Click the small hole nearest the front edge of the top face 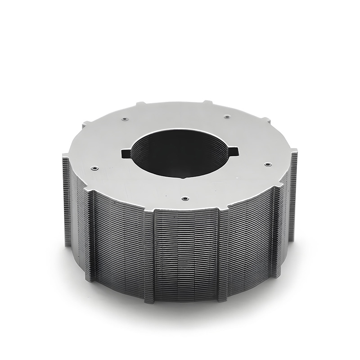click(184, 198)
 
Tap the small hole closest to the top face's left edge click(94, 168)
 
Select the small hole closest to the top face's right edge click(267, 165)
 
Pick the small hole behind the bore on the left click(124, 119)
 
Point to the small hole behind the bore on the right click(227, 117)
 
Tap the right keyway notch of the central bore click(234, 151)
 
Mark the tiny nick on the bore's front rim click(182, 178)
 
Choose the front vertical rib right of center click(222, 254)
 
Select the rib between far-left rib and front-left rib click(90, 234)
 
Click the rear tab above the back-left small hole click(140, 103)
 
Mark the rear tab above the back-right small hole click(207, 102)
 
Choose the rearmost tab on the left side click(85, 124)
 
